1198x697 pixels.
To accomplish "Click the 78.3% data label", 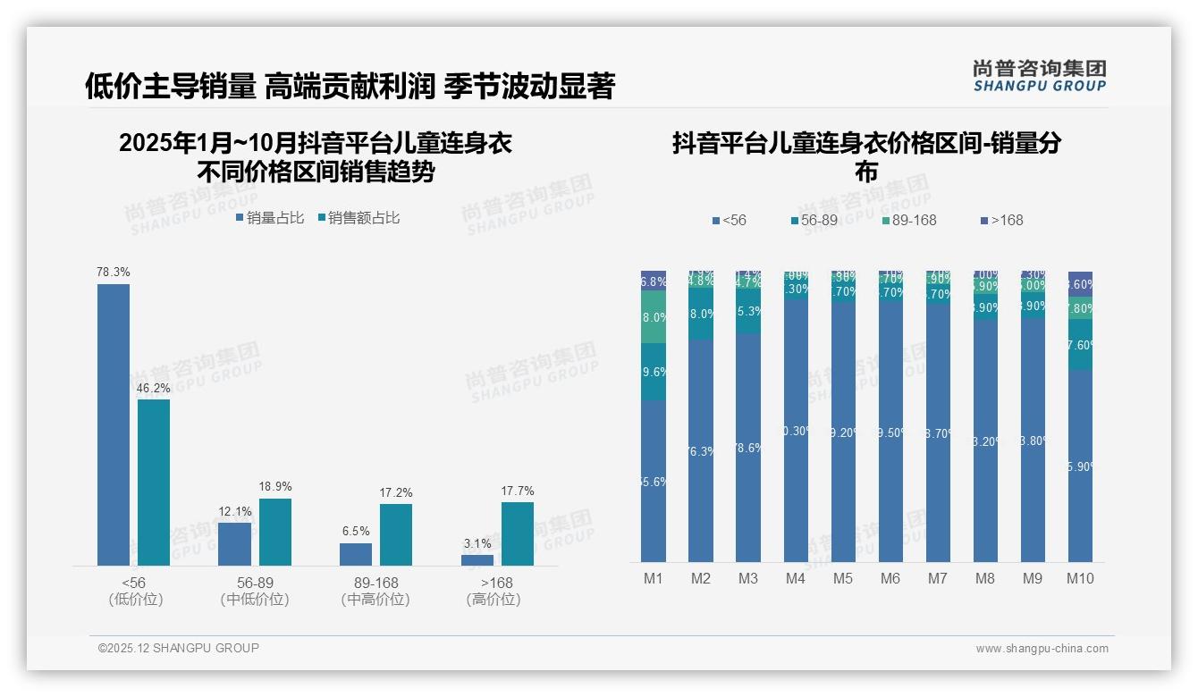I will pos(114,272).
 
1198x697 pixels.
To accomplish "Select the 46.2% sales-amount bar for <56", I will pos(154,482).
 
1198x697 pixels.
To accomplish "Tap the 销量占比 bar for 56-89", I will pos(234,543).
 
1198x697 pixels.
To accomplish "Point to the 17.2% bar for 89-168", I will pos(396,534).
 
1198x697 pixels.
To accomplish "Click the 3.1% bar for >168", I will pos(477,560).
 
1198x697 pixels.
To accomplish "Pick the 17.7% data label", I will pos(518,491).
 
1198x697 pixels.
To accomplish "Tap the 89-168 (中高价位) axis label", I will pos(375,591).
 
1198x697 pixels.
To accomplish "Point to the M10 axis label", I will pos(1080,578).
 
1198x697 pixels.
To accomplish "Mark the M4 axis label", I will pos(796,578).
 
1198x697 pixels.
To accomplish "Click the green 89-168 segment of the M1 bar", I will pos(654,317).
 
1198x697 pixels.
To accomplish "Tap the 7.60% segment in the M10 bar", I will pos(1080,345).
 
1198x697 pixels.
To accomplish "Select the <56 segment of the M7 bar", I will pos(938,432).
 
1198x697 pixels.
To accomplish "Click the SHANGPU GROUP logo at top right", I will pos(1039,75).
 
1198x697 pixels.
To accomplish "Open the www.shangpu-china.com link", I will pos(1042,649).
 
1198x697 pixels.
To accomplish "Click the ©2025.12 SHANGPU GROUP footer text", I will pos(179,648).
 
